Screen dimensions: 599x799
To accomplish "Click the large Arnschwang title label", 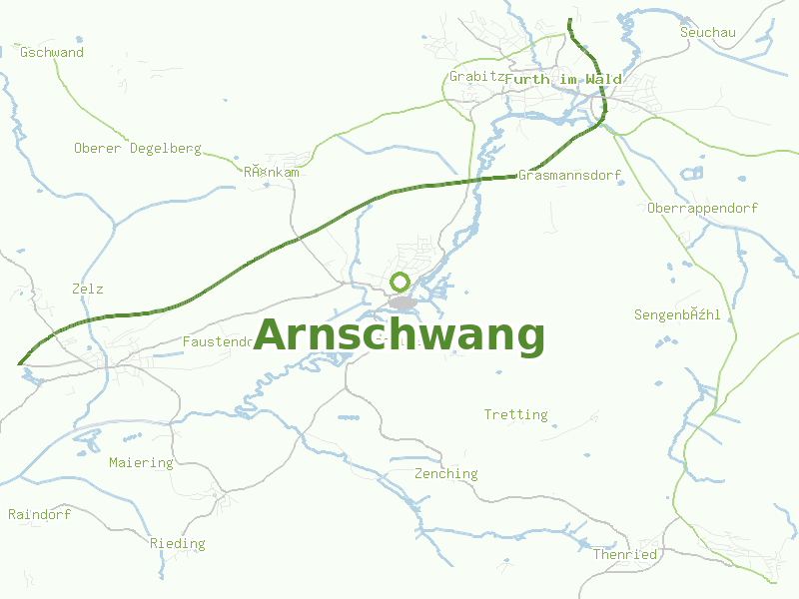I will coord(399,335).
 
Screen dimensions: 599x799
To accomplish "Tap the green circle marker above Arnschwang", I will coord(400,282).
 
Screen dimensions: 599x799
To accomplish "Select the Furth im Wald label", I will coord(563,79).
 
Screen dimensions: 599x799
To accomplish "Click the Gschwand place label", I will coord(52,52).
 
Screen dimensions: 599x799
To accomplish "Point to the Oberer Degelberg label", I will coord(137,148).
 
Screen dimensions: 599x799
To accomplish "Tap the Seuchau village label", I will coord(707,32).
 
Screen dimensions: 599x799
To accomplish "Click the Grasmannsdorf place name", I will coord(569,175).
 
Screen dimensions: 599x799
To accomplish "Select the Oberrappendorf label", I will coord(702,208).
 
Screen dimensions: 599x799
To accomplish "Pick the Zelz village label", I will coord(88,289).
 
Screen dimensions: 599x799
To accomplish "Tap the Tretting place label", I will coord(515,414).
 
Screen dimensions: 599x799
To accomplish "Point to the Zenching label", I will coord(446,473).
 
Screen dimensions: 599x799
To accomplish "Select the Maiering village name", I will coord(141,462).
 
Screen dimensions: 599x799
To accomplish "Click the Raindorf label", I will coord(39,514).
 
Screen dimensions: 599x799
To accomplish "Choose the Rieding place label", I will coord(177,543).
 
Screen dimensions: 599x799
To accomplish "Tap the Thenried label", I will coord(625,554).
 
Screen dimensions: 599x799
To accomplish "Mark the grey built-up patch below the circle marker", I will coord(402,302).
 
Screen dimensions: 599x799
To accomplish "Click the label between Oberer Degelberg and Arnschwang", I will coord(272,172).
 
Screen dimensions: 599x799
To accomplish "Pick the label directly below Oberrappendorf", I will coord(677,314).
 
